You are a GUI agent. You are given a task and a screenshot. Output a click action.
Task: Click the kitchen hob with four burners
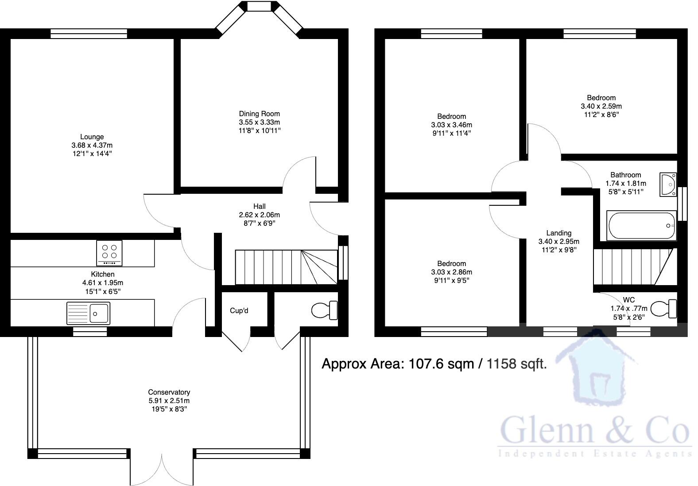(109, 252)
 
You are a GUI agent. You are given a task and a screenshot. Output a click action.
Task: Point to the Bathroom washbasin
(668, 184)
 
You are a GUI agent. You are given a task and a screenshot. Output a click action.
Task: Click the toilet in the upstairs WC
(664, 309)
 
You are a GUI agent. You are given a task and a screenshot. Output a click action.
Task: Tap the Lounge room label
(92, 137)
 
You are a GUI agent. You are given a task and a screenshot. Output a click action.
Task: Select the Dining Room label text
(259, 114)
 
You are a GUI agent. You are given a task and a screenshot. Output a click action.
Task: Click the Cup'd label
(239, 311)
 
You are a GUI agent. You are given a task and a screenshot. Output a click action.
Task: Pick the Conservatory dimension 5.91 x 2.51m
(169, 401)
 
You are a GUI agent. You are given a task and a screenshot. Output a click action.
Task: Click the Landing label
(558, 233)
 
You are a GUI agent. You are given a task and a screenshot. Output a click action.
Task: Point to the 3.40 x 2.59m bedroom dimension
(601, 106)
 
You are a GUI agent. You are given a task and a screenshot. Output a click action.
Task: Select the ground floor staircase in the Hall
(283, 267)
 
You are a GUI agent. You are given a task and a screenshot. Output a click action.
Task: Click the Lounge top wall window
(89, 34)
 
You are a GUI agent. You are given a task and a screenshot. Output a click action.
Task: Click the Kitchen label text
(102, 274)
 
